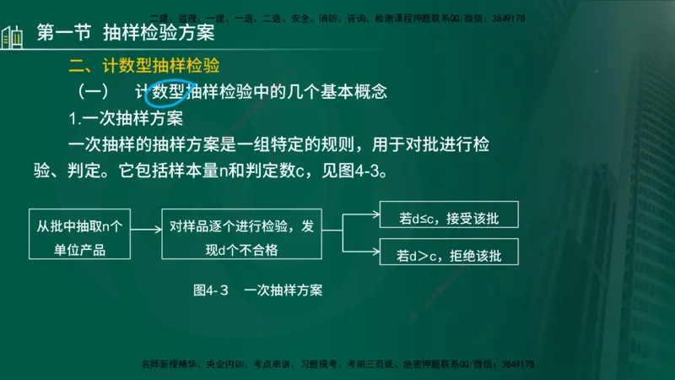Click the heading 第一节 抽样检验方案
127,35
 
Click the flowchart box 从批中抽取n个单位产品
80,237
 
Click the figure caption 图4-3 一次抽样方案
258,290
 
